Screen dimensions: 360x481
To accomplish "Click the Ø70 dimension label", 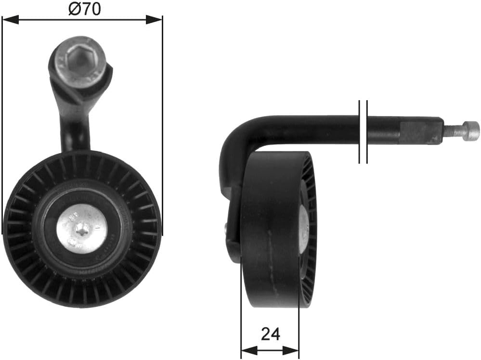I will coord(85,9).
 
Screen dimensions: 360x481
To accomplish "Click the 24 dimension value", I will coord(270,334).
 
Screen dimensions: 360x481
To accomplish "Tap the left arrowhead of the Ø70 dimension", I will coord(10,20).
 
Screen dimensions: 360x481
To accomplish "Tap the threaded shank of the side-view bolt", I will coord(453,130).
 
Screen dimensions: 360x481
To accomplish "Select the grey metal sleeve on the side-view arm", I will coord(421,132).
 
